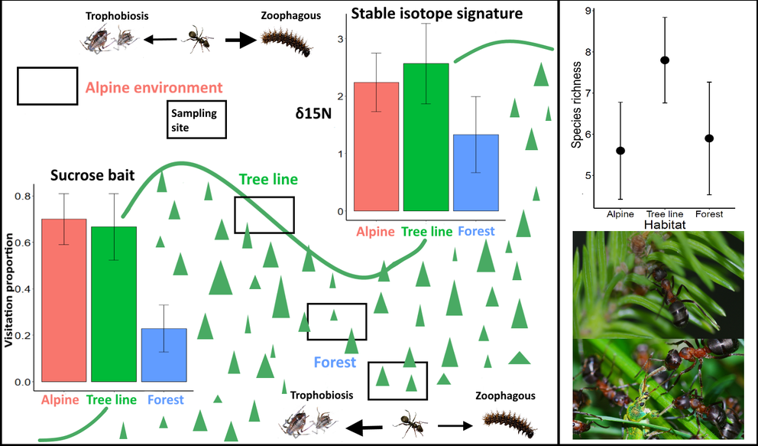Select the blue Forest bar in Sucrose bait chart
[x=164, y=355]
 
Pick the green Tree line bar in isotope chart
[x=426, y=137]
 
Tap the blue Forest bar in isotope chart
[x=475, y=172]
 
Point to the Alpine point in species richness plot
[x=620, y=151]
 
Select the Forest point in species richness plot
[x=709, y=138]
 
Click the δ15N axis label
[x=314, y=113]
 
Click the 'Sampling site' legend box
[x=197, y=120]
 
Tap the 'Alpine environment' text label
[x=154, y=88]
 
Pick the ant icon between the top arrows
[x=198, y=41]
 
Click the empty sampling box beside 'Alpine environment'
[x=47, y=86]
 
